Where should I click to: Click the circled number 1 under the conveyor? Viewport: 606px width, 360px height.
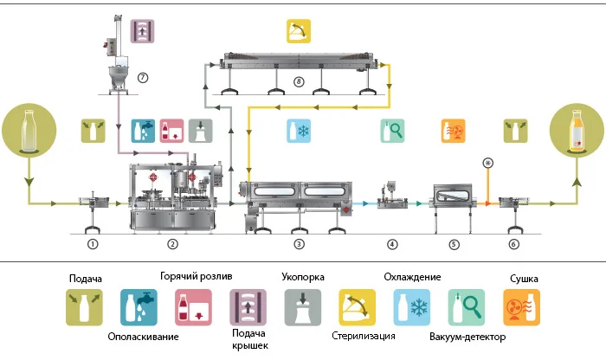(92, 245)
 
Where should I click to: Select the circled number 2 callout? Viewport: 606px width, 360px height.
(172, 245)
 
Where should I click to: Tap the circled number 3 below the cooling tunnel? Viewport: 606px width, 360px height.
(299, 245)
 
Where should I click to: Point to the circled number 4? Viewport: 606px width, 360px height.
(392, 245)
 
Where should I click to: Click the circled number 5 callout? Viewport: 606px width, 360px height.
(452, 245)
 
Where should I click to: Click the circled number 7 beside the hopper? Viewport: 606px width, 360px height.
(144, 77)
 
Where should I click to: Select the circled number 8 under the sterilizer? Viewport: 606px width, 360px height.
(299, 83)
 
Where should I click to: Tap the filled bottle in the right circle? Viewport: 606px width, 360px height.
(576, 131)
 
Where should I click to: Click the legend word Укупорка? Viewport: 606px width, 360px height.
(303, 279)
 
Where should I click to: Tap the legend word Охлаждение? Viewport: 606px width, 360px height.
(412, 277)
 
